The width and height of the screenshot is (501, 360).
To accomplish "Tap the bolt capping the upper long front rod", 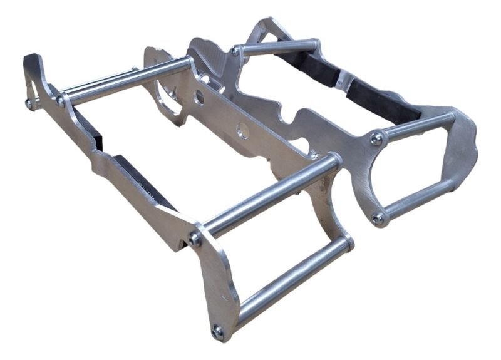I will click(x=197, y=239).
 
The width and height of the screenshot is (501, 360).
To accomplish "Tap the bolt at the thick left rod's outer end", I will click(x=61, y=100).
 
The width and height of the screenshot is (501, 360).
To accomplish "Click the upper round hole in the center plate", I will click(x=199, y=97).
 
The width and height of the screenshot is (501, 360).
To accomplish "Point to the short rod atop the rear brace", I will click(x=276, y=47).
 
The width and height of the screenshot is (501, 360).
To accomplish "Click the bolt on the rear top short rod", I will click(x=235, y=51).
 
